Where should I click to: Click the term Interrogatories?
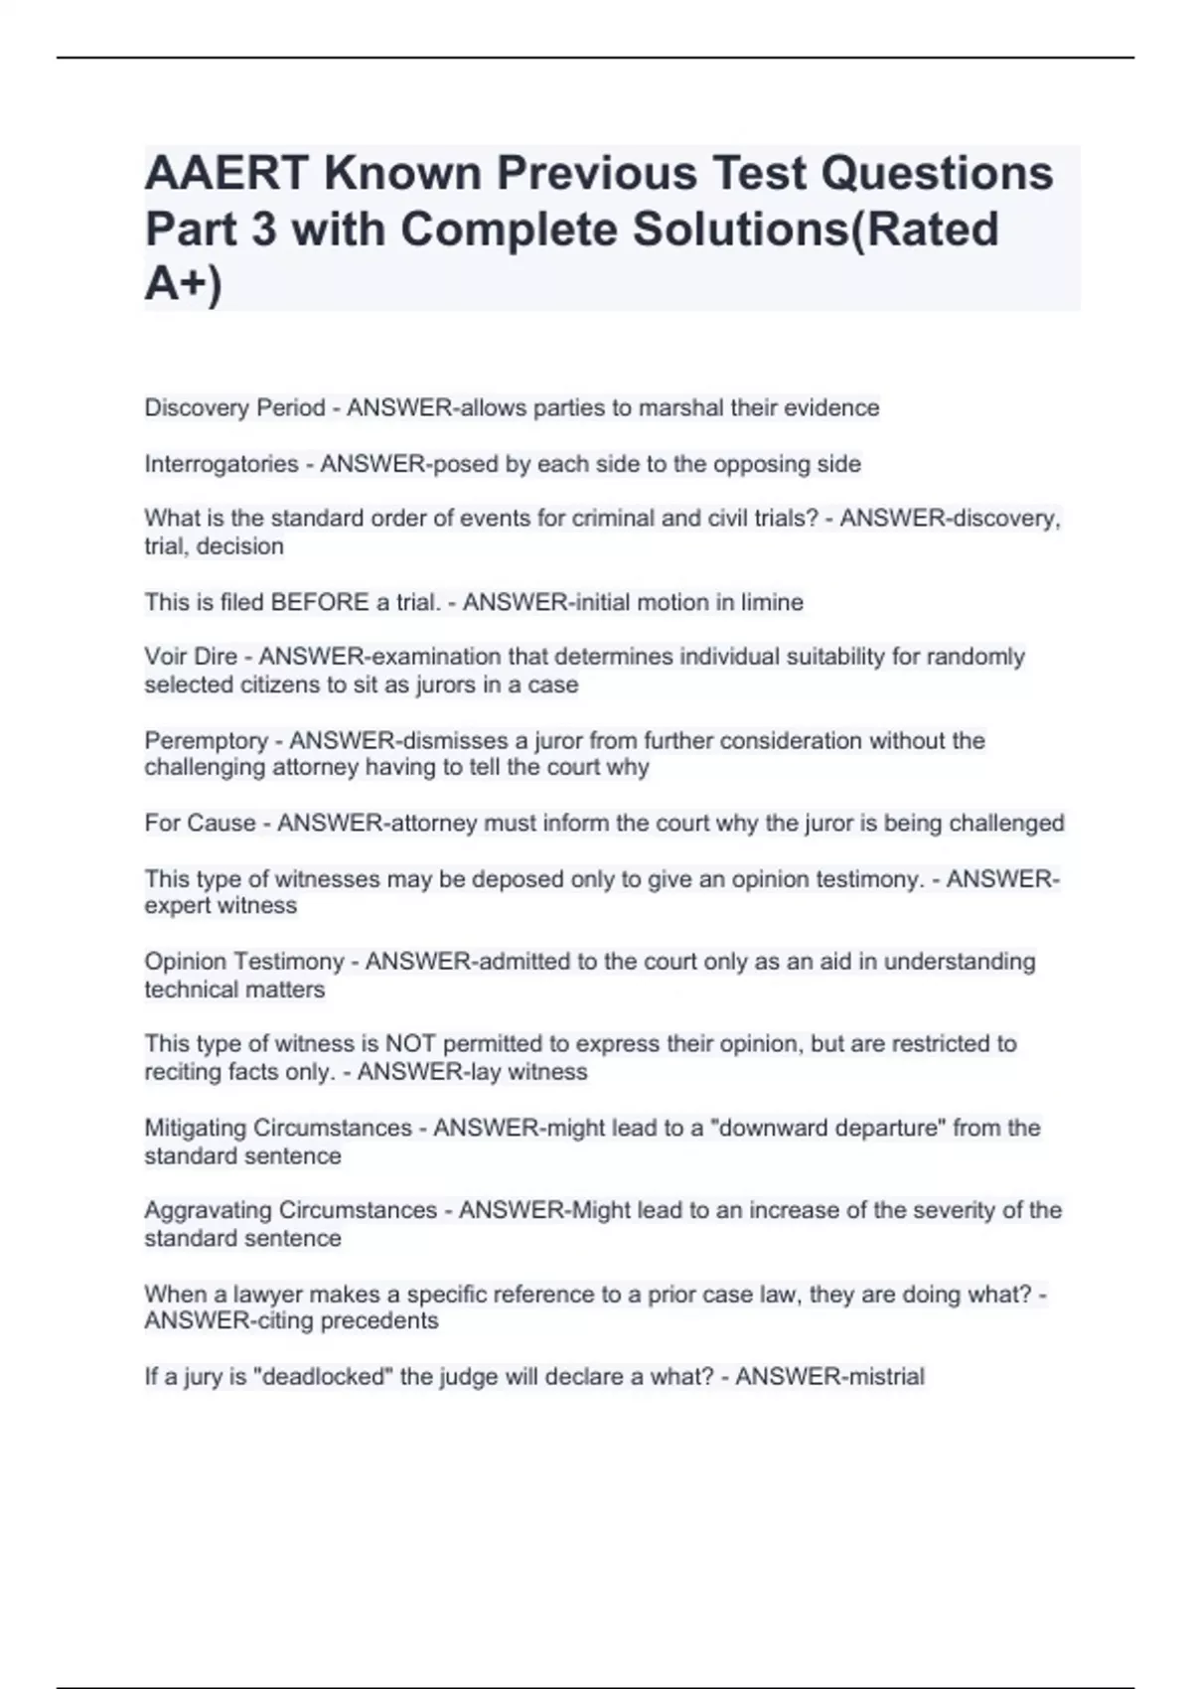(222, 464)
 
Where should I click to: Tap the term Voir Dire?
(191, 657)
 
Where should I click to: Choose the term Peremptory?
(206, 740)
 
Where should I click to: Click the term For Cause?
(200, 824)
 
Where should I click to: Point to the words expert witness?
(221, 906)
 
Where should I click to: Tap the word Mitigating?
(195, 1129)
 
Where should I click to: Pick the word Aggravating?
(208, 1211)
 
